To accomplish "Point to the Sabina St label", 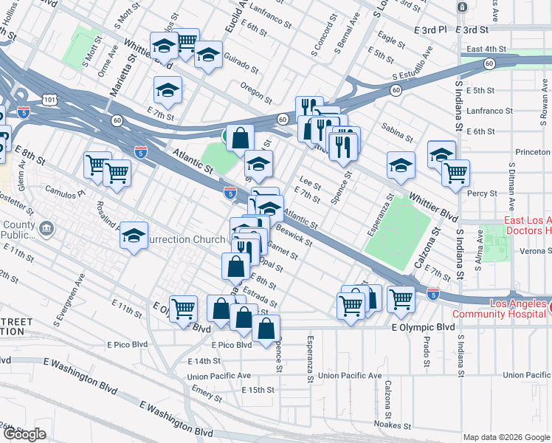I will click(398, 134).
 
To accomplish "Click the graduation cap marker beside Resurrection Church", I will click(134, 236).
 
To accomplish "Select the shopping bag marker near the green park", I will click(241, 137).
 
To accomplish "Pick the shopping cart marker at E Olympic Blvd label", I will click(182, 308).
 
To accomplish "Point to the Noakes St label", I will click(392, 425).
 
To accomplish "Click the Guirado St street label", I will click(243, 66).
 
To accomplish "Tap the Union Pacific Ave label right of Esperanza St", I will click(350, 376).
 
